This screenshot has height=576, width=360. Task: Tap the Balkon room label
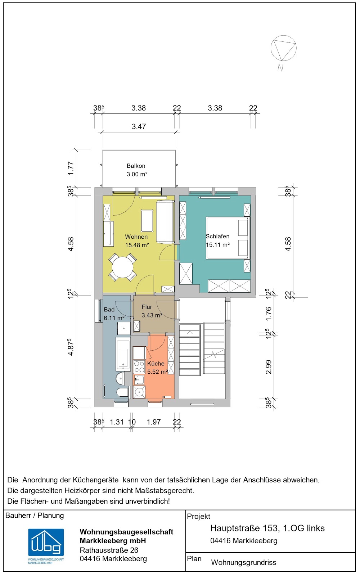(x=136, y=166)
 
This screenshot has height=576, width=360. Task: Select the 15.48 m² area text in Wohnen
(x=137, y=245)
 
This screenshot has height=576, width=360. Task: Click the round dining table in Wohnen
(x=123, y=267)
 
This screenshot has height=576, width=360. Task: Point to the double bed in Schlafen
(x=228, y=238)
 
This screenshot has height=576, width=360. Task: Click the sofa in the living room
(x=165, y=222)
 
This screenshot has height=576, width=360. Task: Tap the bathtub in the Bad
(x=123, y=354)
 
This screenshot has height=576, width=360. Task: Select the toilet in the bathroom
(x=123, y=393)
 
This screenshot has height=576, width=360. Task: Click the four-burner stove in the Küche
(x=139, y=367)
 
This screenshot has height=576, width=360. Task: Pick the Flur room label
(x=147, y=307)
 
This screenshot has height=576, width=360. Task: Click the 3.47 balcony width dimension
(x=139, y=126)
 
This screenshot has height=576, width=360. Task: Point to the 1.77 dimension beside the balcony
(x=71, y=168)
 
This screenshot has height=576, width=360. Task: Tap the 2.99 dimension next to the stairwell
(x=268, y=367)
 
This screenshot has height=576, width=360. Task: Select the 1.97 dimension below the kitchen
(x=153, y=422)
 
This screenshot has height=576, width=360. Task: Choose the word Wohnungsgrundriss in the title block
(x=243, y=562)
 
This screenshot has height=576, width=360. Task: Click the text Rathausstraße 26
(x=109, y=550)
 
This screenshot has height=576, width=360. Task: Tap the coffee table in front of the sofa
(x=147, y=221)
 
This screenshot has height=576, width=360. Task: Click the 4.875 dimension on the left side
(x=71, y=347)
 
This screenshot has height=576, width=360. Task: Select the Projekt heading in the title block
(x=198, y=516)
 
